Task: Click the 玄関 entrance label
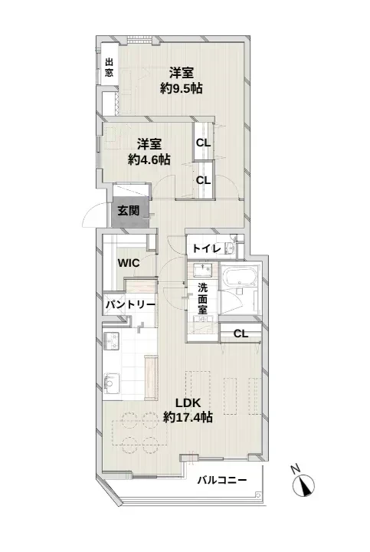(128, 211)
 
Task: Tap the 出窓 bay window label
(110, 68)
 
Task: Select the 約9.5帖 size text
(181, 88)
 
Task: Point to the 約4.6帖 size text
(149, 159)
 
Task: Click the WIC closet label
(129, 263)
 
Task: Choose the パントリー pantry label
(130, 304)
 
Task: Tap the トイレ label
(207, 248)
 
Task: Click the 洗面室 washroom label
(202, 298)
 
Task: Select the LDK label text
(188, 402)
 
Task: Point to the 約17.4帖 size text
(188, 417)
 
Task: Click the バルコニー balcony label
(221, 480)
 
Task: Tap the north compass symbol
(303, 484)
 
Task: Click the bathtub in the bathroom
(241, 276)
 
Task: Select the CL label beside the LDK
(241, 333)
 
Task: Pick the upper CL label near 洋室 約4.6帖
(203, 143)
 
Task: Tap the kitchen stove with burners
(111, 340)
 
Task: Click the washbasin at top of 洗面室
(202, 271)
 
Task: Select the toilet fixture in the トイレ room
(230, 248)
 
